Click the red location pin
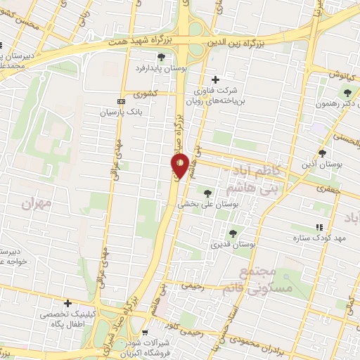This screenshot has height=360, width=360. point(179,165)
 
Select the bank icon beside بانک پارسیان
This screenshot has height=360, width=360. point(121,101)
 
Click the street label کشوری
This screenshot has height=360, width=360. point(153,93)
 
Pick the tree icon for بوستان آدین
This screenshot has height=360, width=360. point(323,152)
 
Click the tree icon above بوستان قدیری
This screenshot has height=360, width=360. point(232,233)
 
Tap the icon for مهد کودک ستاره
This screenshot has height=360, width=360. point(319,226)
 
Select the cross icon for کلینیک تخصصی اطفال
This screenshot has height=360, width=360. point(67,304)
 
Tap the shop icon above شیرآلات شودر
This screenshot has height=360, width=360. point(145,333)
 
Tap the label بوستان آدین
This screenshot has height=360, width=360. point(322,164)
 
